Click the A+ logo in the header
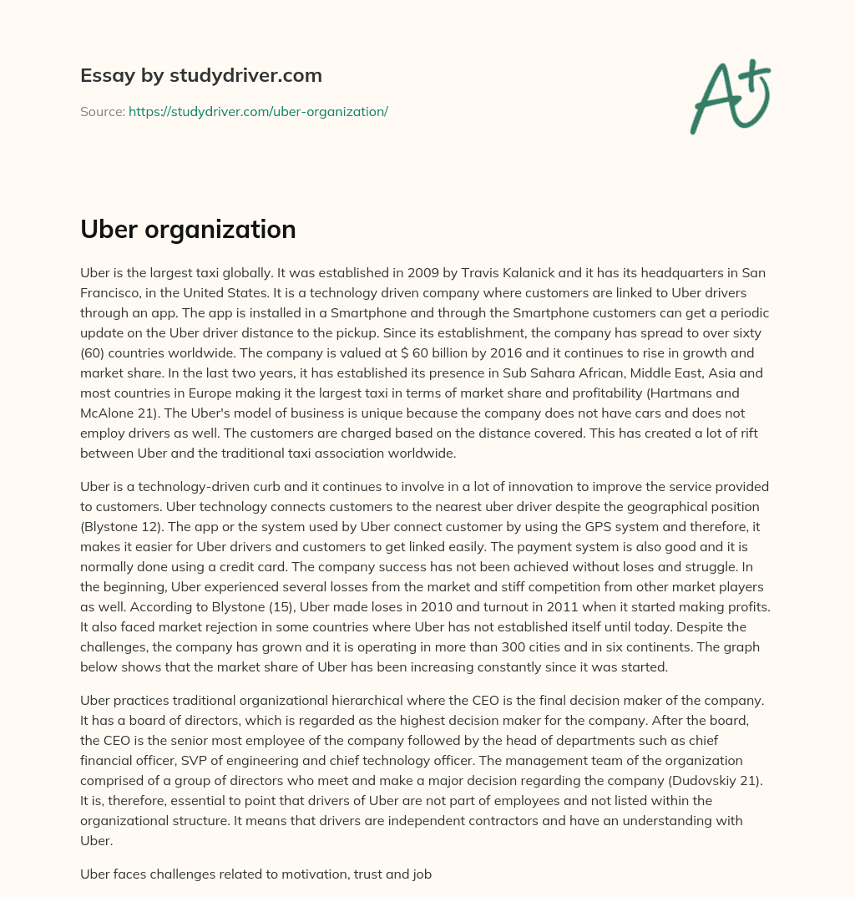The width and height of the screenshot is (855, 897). (731, 95)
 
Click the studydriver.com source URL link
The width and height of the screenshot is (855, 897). (258, 111)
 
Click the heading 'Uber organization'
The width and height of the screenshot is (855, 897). (188, 229)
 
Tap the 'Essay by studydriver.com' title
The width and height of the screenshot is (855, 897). (200, 75)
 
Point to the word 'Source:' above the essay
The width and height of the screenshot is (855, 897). (102, 111)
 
